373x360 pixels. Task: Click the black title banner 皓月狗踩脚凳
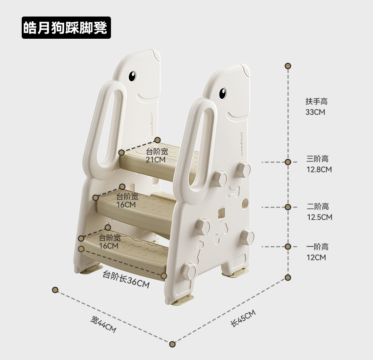tap(66, 28)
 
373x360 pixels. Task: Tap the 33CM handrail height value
tap(315, 112)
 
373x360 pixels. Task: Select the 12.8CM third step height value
tap(319, 169)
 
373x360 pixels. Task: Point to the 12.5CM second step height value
tap(319, 217)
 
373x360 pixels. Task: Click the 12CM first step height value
tap(316, 257)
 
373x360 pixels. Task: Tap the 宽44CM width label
tap(103, 324)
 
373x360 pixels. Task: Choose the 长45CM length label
tap(243, 318)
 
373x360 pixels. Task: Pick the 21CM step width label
tap(155, 160)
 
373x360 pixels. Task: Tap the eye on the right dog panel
tap(223, 93)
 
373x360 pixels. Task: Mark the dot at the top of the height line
tap(288, 66)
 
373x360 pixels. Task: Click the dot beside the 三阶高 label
tap(288, 162)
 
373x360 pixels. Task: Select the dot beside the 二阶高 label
tap(288, 207)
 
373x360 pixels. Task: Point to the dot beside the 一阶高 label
tap(288, 247)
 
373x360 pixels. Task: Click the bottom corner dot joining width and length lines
tap(173, 344)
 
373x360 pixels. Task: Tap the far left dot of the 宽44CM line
tap(55, 289)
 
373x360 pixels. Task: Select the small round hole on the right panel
tap(244, 204)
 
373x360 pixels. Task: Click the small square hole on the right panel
tap(220, 213)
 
